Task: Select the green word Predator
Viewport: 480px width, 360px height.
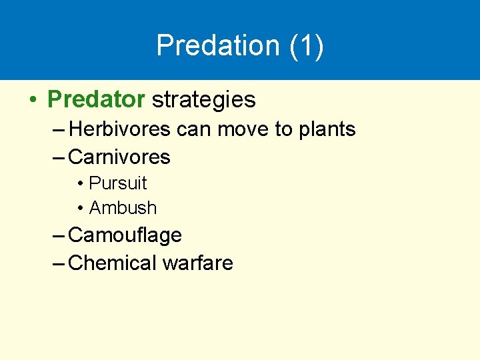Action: (x=96, y=100)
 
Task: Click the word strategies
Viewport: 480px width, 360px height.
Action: (x=204, y=100)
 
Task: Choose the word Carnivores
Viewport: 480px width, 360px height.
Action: (x=119, y=157)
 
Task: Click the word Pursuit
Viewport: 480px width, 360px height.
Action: (x=118, y=183)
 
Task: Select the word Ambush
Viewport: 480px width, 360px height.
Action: (x=123, y=208)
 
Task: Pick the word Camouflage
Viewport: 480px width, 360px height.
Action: (x=125, y=235)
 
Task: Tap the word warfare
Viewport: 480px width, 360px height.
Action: (x=197, y=263)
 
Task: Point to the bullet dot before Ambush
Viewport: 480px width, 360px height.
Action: (x=80, y=209)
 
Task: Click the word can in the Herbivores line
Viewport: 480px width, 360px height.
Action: (x=193, y=129)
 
